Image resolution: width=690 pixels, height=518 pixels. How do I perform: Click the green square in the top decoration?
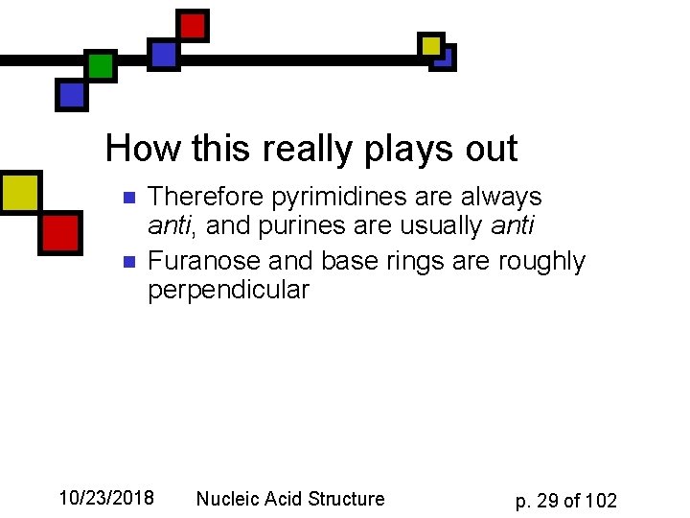101,66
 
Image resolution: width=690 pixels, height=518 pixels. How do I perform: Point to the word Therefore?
207,198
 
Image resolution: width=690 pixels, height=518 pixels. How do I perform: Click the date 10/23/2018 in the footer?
106,498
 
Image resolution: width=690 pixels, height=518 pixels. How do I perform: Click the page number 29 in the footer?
549,501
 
